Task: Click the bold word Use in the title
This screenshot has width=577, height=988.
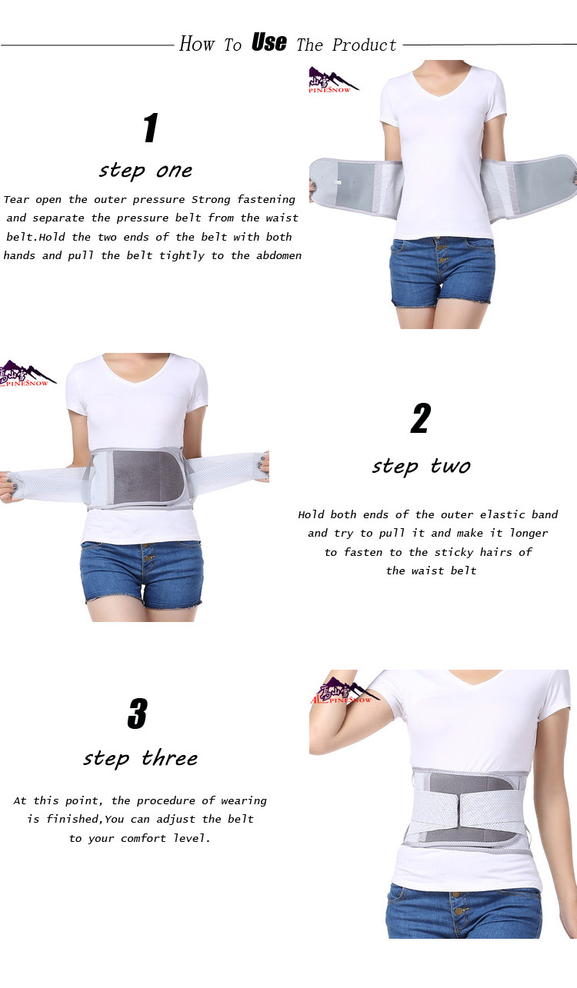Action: (268, 43)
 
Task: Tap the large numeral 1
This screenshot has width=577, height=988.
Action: (151, 128)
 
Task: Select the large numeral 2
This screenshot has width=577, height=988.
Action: (420, 418)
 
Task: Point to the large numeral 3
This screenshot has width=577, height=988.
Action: (137, 714)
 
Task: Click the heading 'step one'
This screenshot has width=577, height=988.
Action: (145, 171)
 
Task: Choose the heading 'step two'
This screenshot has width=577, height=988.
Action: (421, 467)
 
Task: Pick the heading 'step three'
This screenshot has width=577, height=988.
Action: (140, 759)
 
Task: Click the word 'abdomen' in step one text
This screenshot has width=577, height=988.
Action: (279, 255)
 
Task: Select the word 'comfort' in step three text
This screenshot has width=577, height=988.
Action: (143, 838)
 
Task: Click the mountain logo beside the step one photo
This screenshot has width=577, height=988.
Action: (334, 80)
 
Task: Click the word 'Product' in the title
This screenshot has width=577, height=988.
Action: (364, 45)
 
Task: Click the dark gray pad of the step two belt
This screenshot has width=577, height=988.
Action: (147, 478)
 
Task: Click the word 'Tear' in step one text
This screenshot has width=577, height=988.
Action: (17, 199)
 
